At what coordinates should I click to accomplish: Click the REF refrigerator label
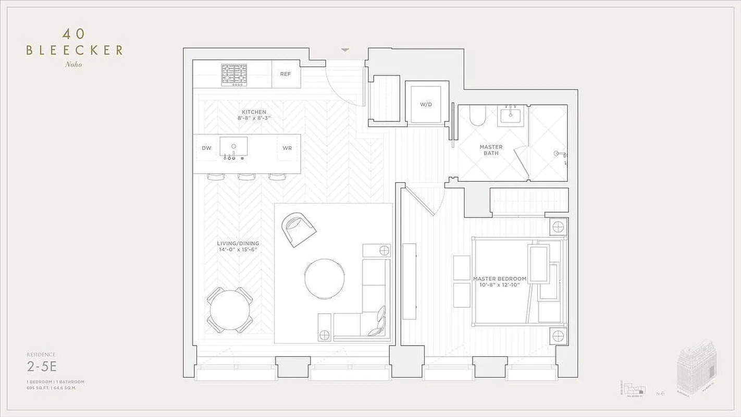(285, 74)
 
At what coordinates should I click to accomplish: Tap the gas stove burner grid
(234, 74)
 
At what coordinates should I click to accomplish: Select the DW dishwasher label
(206, 148)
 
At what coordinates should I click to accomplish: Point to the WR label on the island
(287, 148)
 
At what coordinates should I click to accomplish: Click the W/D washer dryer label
(426, 104)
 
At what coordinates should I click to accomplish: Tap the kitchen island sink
(233, 146)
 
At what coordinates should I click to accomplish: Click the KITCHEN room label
(254, 112)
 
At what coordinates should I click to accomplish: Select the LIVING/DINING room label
(238, 243)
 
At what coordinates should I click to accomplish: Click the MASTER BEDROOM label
(499, 279)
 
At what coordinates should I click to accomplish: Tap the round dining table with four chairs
(230, 310)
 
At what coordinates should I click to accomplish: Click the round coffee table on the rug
(324, 278)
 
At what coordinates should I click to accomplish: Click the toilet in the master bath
(477, 116)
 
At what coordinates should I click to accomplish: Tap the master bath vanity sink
(510, 115)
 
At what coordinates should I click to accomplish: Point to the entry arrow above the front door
(345, 50)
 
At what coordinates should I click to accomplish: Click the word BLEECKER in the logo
(75, 51)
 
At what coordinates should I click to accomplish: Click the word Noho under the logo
(74, 65)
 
